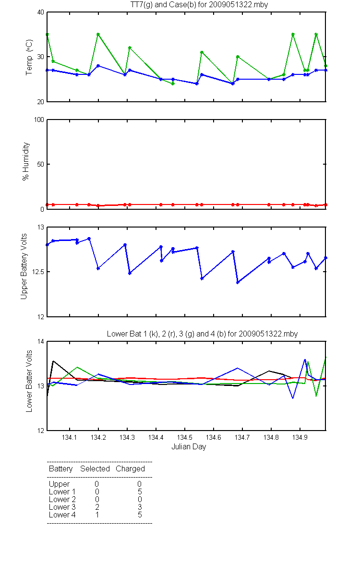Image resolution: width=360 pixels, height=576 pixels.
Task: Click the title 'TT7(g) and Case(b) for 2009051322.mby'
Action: [199, 5]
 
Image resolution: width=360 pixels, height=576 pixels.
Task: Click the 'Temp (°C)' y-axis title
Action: [29, 57]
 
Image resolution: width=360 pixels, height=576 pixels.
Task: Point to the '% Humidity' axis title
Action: [25, 161]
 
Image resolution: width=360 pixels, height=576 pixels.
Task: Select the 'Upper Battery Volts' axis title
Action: [24, 266]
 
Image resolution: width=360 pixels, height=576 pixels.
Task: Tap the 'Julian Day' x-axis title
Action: [189, 447]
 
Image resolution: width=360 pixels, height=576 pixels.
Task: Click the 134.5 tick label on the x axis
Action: [185, 437]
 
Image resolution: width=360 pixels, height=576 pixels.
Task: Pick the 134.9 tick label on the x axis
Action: [300, 437]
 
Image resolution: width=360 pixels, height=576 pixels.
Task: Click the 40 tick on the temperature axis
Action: [41, 12]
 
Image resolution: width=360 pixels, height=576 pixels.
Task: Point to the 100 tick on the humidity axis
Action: [39, 120]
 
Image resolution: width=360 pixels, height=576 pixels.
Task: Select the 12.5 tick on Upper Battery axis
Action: [38, 272]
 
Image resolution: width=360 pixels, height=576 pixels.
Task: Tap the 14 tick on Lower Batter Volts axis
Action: [41, 341]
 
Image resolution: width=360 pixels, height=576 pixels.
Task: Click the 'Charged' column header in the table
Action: [130, 469]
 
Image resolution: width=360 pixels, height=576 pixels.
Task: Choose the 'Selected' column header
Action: [95, 469]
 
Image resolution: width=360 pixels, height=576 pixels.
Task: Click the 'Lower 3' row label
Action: [62, 507]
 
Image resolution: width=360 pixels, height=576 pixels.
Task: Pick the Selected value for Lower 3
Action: [97, 507]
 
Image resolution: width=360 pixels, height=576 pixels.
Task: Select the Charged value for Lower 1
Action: [140, 492]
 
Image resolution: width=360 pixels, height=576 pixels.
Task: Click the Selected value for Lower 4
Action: [97, 515]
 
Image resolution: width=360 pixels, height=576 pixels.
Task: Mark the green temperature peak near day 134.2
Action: [98, 34]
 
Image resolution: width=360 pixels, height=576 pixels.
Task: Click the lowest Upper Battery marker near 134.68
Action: [238, 282]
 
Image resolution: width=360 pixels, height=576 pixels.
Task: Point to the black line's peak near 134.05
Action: [53, 361]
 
